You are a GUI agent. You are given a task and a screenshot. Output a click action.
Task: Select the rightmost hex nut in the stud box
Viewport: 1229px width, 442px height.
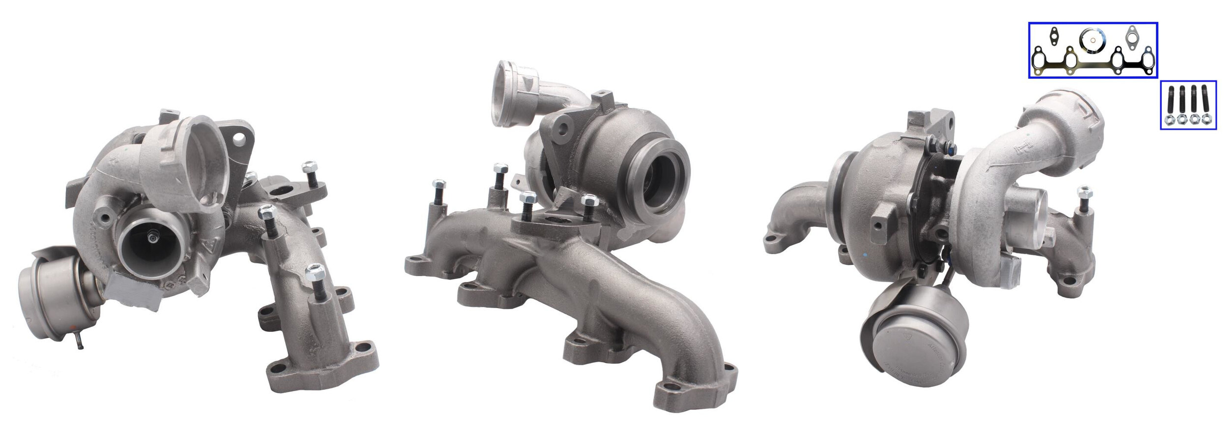pos(1205,119)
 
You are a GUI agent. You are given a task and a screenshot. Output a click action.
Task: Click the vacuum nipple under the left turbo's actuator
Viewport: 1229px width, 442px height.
pos(79,343)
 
